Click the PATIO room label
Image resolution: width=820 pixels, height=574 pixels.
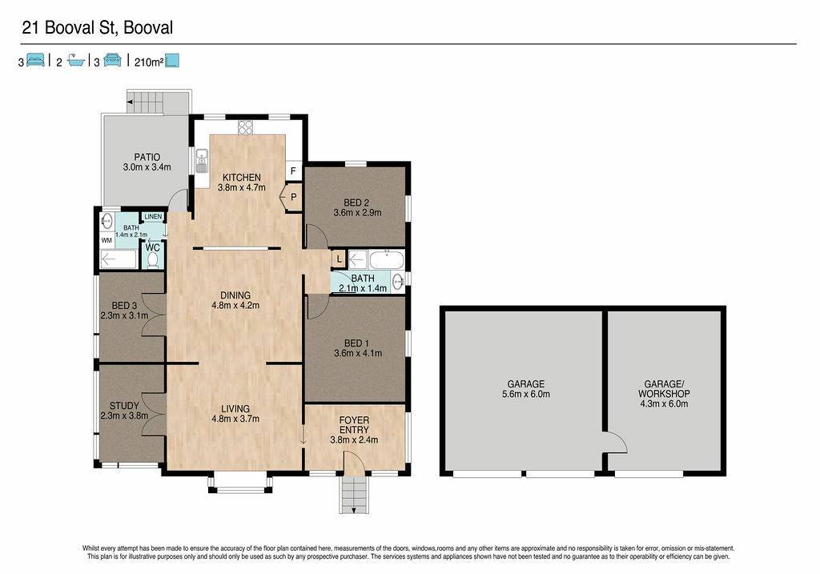pyautogui.click(x=147, y=157)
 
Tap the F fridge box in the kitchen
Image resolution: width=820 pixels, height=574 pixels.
pyautogui.click(x=293, y=171)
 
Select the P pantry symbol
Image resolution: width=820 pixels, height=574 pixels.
pyautogui.click(x=291, y=197)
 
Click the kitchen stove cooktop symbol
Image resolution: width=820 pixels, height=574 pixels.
pyautogui.click(x=245, y=127)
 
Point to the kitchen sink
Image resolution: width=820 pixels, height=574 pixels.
pyautogui.click(x=201, y=161)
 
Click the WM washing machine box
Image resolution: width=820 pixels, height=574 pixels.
pyautogui.click(x=107, y=240)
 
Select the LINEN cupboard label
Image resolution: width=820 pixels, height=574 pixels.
pyautogui.click(x=153, y=216)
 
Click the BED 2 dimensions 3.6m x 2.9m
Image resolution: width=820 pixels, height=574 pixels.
pyautogui.click(x=357, y=213)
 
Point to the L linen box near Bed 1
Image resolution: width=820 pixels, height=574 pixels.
pyautogui.click(x=339, y=259)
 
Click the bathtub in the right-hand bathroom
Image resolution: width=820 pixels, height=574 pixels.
pyautogui.click(x=387, y=259)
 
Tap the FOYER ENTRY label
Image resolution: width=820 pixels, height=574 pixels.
pyautogui.click(x=354, y=425)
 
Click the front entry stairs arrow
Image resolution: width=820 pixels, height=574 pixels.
pyautogui.click(x=354, y=510)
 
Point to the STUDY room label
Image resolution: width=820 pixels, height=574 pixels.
pyautogui.click(x=124, y=406)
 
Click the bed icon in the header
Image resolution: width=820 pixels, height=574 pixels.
pyautogui.click(x=35, y=60)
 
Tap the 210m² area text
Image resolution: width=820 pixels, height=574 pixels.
pyautogui.click(x=149, y=62)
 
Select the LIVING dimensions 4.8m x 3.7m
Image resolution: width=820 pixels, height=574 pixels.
pyautogui.click(x=235, y=419)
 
